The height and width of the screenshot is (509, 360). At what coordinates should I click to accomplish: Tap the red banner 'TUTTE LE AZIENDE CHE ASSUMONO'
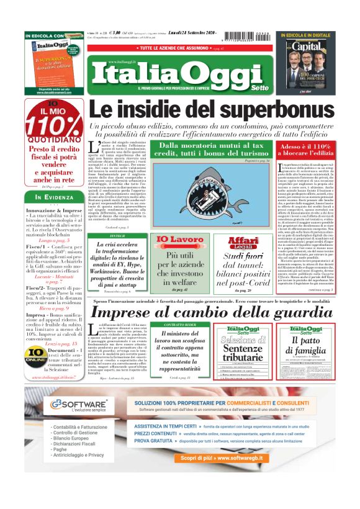pos(180,48)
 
